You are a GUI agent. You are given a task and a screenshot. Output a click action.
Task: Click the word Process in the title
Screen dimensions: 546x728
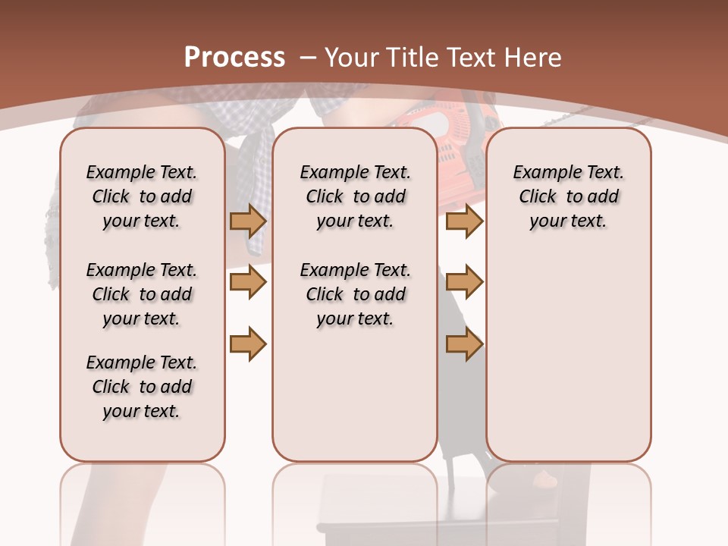click(234, 58)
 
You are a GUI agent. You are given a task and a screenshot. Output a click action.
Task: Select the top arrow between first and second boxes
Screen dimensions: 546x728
click(247, 221)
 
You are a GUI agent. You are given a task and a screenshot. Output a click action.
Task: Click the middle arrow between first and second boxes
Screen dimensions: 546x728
click(247, 282)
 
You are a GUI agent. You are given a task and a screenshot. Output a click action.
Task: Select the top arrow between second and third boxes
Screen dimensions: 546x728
click(464, 221)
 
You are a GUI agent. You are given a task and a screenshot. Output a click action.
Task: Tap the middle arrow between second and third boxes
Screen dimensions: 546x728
click(464, 282)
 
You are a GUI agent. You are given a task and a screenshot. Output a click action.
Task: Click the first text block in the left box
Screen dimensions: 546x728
click(142, 196)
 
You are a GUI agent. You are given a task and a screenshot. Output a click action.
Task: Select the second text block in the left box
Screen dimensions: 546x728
click(142, 294)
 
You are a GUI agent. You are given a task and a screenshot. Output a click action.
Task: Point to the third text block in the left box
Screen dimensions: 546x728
click(142, 387)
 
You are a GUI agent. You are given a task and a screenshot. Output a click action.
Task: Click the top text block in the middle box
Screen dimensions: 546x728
click(355, 196)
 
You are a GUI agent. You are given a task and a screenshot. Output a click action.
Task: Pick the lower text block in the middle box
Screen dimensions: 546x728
click(355, 294)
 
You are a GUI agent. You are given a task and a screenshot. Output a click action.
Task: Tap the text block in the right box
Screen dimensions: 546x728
click(568, 196)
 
